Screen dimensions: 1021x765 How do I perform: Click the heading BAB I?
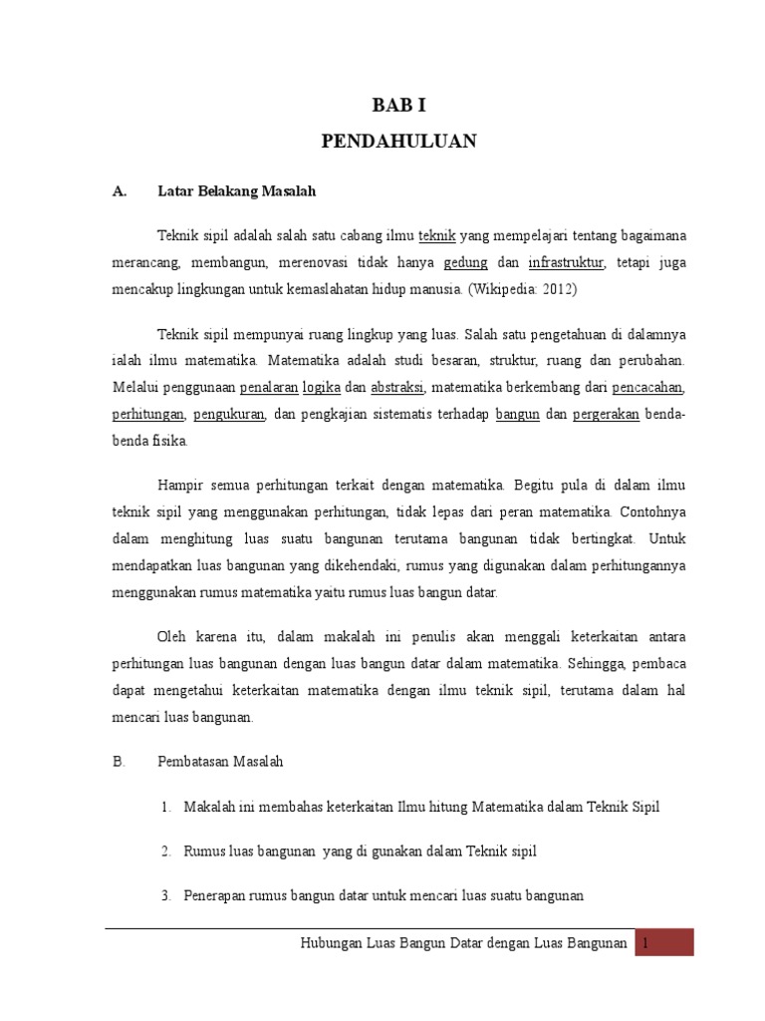[398, 104]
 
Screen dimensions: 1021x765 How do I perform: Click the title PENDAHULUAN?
[398, 142]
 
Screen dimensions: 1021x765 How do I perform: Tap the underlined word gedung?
[465, 263]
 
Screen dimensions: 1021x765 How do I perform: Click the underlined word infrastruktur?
[567, 263]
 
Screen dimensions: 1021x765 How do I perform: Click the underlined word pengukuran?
[229, 414]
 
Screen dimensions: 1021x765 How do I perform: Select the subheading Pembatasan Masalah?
[221, 762]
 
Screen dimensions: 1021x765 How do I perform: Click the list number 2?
[166, 851]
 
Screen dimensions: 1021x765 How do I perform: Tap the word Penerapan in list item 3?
[214, 896]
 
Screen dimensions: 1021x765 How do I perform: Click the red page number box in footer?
[666, 942]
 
